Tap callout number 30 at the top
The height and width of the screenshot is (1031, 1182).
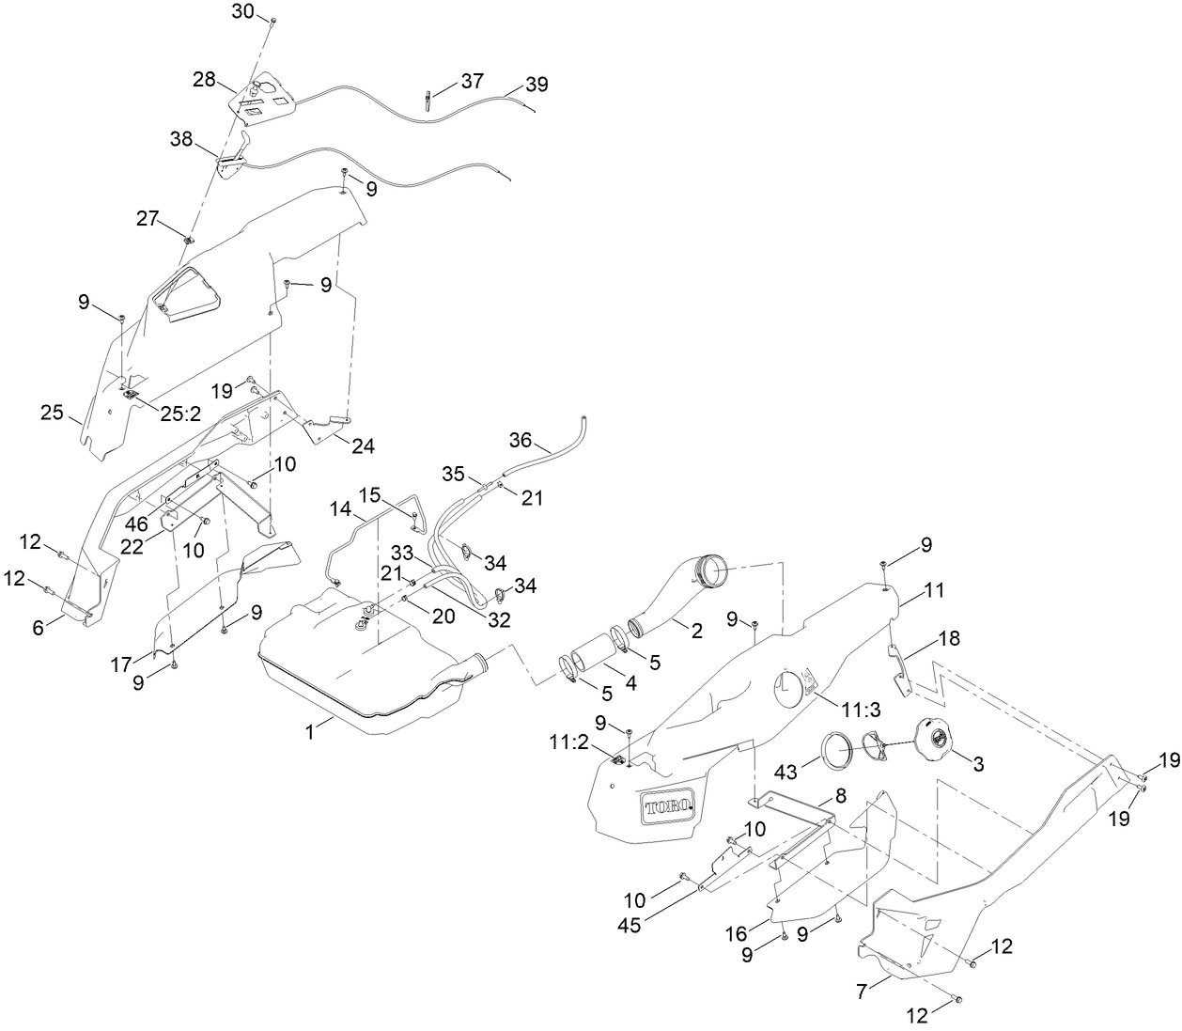(x=241, y=11)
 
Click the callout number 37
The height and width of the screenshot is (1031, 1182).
(x=472, y=82)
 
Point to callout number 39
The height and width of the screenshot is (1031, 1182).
(x=537, y=85)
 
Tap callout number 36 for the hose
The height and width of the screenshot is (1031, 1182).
(x=521, y=439)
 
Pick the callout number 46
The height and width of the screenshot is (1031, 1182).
(x=137, y=524)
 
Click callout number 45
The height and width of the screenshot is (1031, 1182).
(x=630, y=925)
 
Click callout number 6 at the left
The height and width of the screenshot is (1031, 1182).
(x=39, y=629)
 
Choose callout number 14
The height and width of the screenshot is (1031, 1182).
(x=339, y=509)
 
